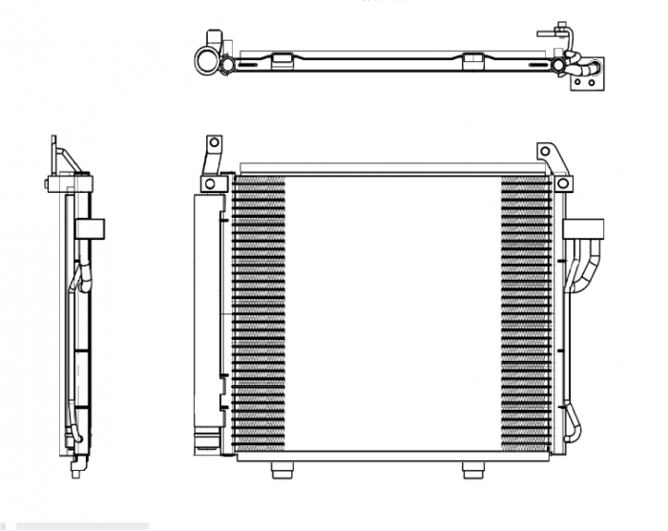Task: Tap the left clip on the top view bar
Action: pos(282,61)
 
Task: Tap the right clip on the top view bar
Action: pos(472,61)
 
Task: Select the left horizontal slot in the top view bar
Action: pos(247,66)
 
